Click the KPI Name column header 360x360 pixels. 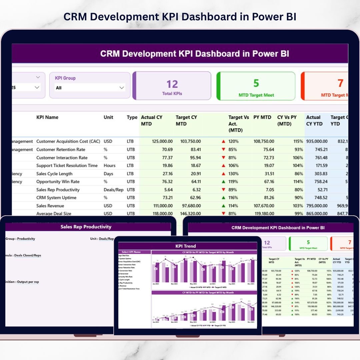[x=47, y=117]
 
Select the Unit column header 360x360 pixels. [x=108, y=117]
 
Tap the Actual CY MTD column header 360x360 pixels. [x=152, y=120]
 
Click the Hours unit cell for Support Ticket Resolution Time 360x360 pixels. [x=110, y=166]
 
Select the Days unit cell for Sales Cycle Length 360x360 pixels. [x=108, y=174]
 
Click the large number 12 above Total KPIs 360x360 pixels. [x=172, y=84]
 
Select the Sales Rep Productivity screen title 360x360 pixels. [x=86, y=227]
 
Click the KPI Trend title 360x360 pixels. [x=186, y=246]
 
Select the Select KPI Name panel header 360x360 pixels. [x=131, y=252]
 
